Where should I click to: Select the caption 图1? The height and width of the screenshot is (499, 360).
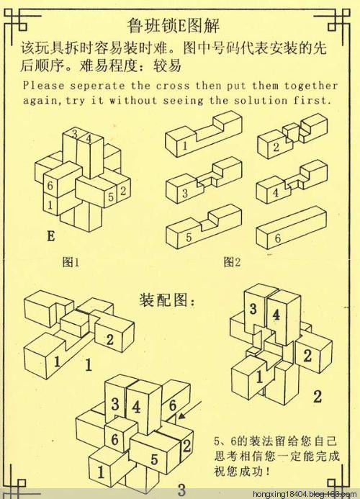71,262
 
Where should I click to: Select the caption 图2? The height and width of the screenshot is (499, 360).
232,262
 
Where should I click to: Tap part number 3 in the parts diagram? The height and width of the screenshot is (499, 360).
185,193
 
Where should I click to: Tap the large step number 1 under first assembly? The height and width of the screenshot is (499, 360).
88,366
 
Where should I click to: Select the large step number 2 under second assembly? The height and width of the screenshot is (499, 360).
317,396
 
